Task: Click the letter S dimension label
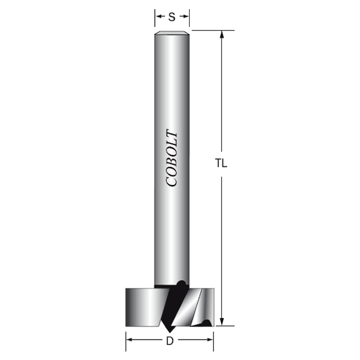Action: [172, 17]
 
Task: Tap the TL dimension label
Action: [221, 163]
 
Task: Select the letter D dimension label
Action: [170, 341]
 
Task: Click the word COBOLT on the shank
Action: [172, 158]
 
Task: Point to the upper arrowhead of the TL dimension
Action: [221, 34]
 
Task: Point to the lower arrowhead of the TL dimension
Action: [221, 322]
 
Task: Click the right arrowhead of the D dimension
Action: [209, 340]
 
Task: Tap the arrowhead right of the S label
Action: [185, 16]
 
